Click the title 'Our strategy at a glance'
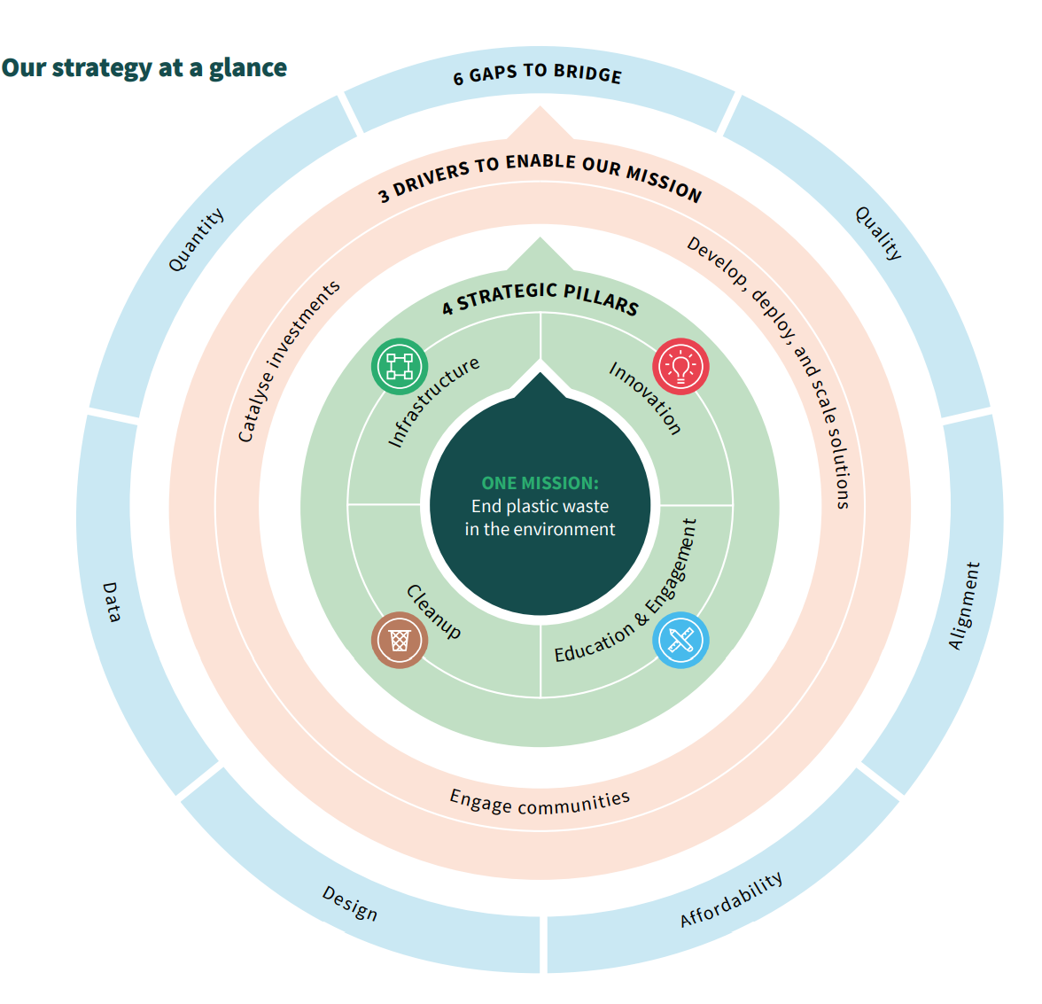click(144, 68)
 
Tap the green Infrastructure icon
click(400, 366)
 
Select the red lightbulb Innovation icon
click(680, 366)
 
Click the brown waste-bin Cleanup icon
click(400, 640)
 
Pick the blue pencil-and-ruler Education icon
click(680, 640)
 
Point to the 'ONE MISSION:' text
click(540, 483)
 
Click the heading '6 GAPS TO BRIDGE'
click(538, 74)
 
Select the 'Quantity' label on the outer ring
click(196, 240)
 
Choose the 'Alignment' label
click(964, 606)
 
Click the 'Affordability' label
click(732, 899)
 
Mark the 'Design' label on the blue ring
click(349, 903)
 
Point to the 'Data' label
click(111, 602)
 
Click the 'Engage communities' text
click(540, 802)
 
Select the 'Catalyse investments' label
click(289, 361)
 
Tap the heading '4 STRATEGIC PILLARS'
click(540, 296)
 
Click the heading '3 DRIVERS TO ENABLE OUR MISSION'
click(540, 175)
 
